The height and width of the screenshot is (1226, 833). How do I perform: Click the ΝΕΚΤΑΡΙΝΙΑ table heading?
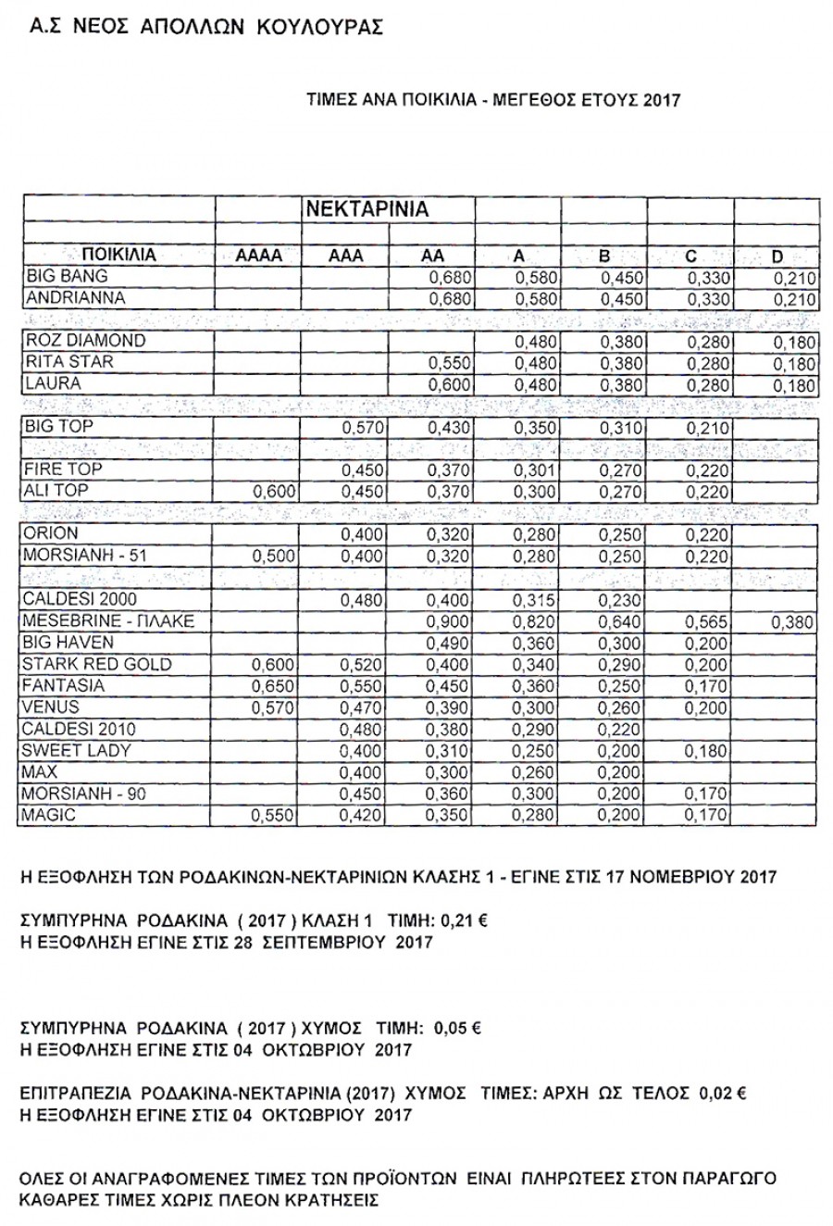pos(367,209)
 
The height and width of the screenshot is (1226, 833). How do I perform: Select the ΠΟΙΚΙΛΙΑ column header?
pos(118,255)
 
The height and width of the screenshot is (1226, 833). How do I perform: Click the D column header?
pos(777,256)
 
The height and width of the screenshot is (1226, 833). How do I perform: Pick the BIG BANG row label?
pos(67,276)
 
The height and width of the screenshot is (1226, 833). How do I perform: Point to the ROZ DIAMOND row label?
pos(85,340)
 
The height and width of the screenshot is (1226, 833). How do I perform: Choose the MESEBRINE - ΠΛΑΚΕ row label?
pos(108,620)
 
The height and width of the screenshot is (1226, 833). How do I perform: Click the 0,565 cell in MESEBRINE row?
pos(709,622)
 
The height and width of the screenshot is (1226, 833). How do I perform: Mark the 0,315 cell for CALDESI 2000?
pos(537,601)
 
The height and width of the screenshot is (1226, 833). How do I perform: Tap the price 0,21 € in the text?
pos(466,922)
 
